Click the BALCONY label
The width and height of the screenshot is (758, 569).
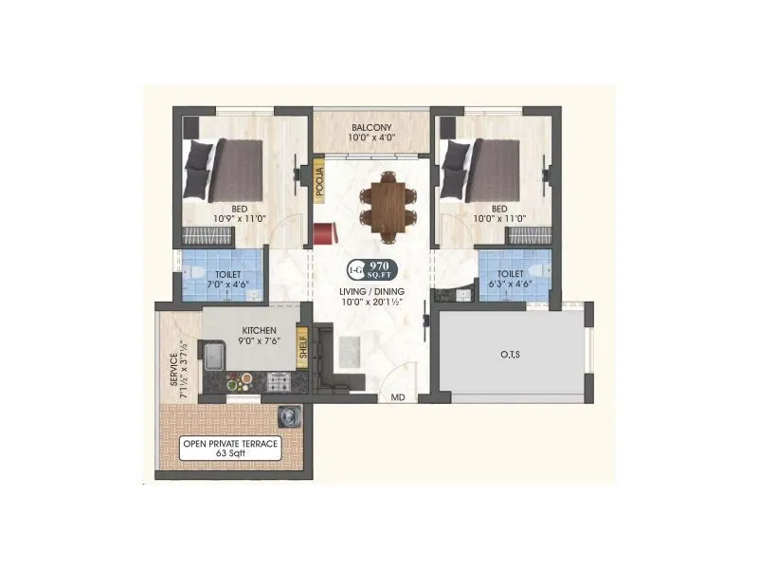[371, 127]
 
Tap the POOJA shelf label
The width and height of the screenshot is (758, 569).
[320, 180]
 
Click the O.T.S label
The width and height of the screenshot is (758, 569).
[510, 355]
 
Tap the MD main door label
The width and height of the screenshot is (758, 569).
[398, 398]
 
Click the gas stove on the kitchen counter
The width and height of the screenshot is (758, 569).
[280, 382]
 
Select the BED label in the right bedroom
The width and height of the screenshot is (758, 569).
[499, 209]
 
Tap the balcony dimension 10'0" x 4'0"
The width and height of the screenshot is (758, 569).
[371, 138]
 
